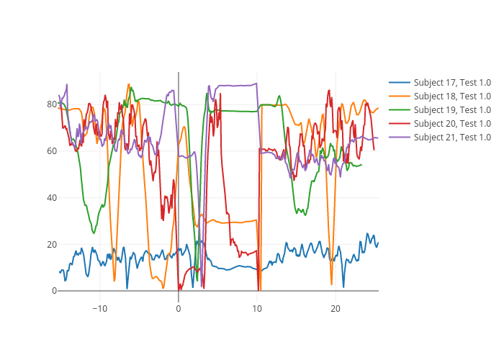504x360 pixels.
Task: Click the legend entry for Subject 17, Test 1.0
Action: point(452,83)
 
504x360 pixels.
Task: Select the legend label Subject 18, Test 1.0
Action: point(452,96)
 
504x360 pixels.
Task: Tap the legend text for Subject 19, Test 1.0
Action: point(452,110)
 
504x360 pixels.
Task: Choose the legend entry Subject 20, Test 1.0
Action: point(452,124)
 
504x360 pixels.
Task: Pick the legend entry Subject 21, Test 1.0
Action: point(452,138)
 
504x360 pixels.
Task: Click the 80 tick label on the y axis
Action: point(52,104)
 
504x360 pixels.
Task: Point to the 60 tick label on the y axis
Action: point(52,151)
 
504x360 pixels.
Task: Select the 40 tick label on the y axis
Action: point(52,198)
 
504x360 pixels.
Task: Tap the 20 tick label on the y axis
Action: point(52,245)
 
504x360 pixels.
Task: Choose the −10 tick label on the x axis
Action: point(99,309)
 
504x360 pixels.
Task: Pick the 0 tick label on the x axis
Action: point(179,309)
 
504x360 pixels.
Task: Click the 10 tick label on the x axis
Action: point(257,309)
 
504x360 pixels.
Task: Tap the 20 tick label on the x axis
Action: point(336,309)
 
